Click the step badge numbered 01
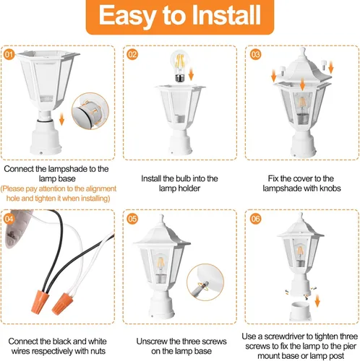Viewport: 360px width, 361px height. click(x=9, y=53)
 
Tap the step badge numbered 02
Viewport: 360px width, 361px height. click(x=132, y=53)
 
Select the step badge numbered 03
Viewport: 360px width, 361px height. click(x=255, y=53)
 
